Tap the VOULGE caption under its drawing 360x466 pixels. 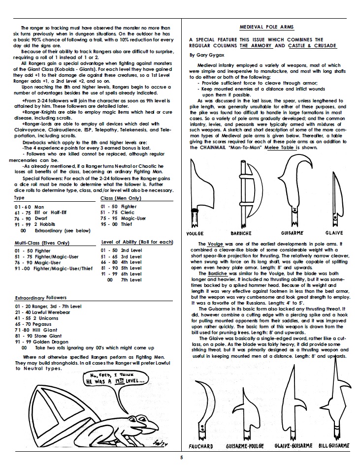(x=196, y=233)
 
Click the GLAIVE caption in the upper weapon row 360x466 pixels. (x=335, y=233)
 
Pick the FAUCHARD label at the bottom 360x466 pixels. (x=201, y=446)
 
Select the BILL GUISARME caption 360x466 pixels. (x=334, y=446)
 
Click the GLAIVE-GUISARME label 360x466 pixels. (x=292, y=446)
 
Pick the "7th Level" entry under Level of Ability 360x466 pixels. (x=130, y=280)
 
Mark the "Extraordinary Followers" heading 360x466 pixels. (x=40, y=298)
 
